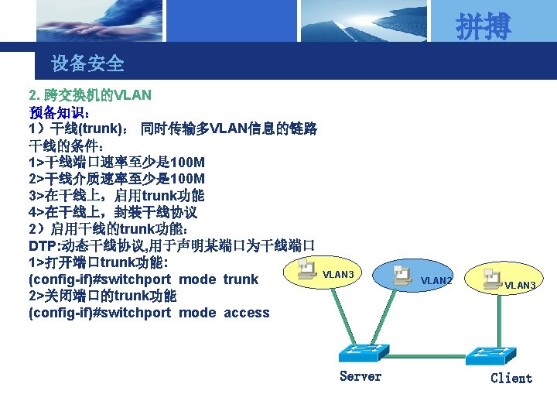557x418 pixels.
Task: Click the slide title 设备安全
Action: click(87, 63)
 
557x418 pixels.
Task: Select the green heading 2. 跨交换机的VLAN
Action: click(90, 95)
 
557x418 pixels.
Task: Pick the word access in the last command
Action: click(247, 313)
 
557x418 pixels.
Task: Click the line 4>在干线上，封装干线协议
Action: click(113, 212)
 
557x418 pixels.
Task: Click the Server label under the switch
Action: click(361, 376)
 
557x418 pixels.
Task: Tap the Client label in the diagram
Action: click(511, 378)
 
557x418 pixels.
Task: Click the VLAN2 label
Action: click(436, 280)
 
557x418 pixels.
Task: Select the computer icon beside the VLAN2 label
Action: click(402, 276)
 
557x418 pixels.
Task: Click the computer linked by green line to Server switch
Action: click(307, 268)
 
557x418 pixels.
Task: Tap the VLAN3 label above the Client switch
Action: click(521, 286)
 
